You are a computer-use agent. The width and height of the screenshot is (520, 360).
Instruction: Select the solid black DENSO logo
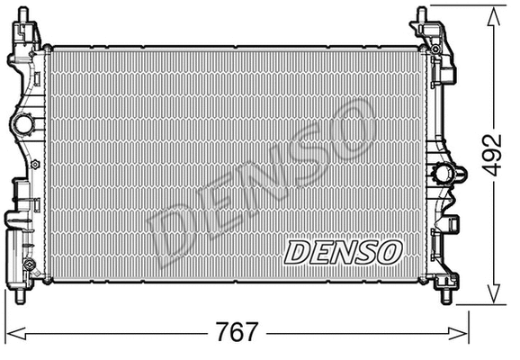point(342,251)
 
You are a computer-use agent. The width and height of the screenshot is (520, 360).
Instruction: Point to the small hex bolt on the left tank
point(34,166)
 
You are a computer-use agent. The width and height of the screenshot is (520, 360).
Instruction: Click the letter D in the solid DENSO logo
point(296,252)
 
